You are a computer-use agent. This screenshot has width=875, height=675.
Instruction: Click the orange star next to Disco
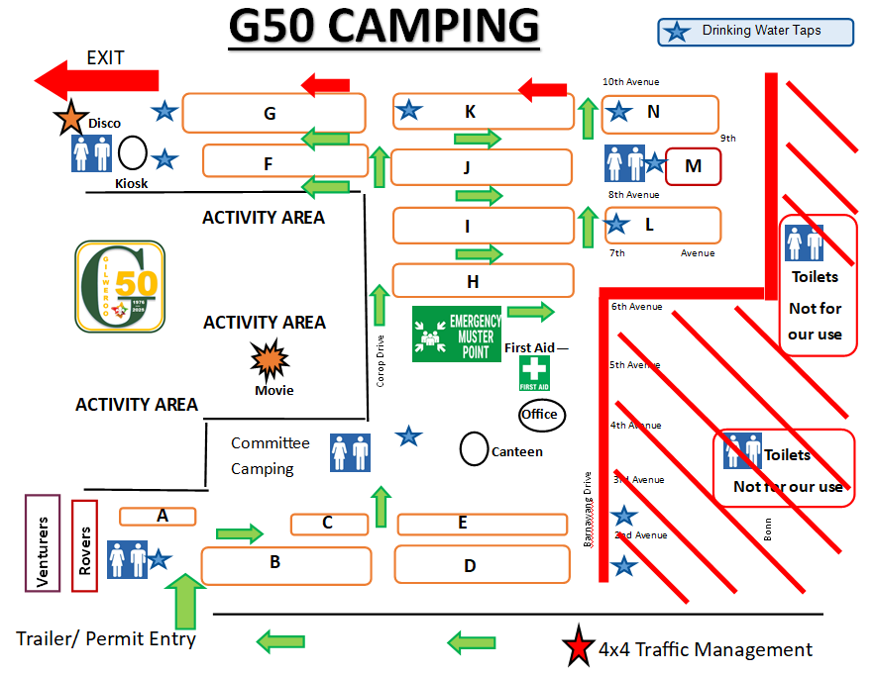pos(71,118)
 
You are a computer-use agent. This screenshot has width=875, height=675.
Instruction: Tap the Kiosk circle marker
pos(133,153)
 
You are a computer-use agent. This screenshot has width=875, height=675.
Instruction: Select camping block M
pos(693,166)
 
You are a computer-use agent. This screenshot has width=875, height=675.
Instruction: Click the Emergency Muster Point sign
pos(457,334)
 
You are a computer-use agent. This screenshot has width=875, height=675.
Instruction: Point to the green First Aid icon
pos(534,372)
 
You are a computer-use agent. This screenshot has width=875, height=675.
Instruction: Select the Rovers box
pos(85,545)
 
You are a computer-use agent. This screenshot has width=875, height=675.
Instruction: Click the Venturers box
pos(43,543)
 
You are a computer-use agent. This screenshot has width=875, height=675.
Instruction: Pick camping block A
pos(158,516)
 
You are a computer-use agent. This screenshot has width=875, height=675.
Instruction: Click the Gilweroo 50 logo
pos(120,286)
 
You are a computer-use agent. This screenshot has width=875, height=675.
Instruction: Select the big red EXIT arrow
pos(96,79)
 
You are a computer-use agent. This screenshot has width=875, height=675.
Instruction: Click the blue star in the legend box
pos(678,32)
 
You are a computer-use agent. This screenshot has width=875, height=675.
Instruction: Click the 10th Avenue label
pos(630,82)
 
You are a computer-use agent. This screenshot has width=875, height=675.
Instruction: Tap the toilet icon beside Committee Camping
pos(350,452)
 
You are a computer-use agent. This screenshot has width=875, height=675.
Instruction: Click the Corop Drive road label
pos(380,359)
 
